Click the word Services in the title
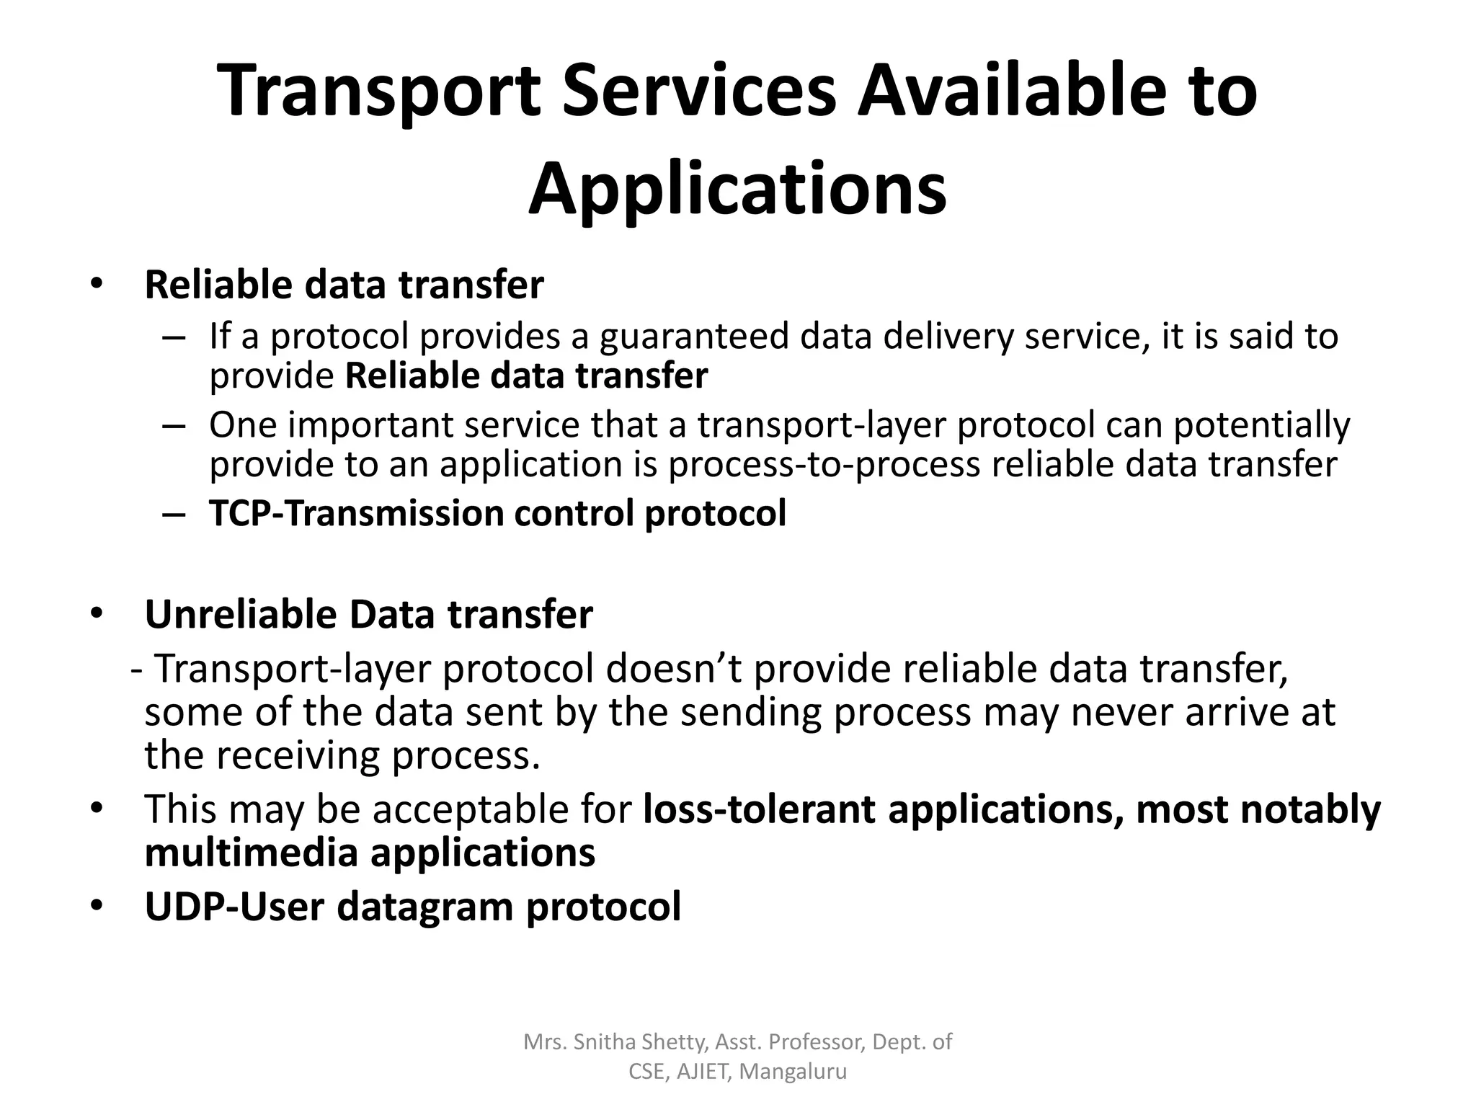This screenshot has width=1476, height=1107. [698, 92]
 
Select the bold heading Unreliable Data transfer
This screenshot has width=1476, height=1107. [368, 615]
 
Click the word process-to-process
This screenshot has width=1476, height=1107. [824, 464]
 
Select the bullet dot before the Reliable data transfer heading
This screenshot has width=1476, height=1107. [97, 283]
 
